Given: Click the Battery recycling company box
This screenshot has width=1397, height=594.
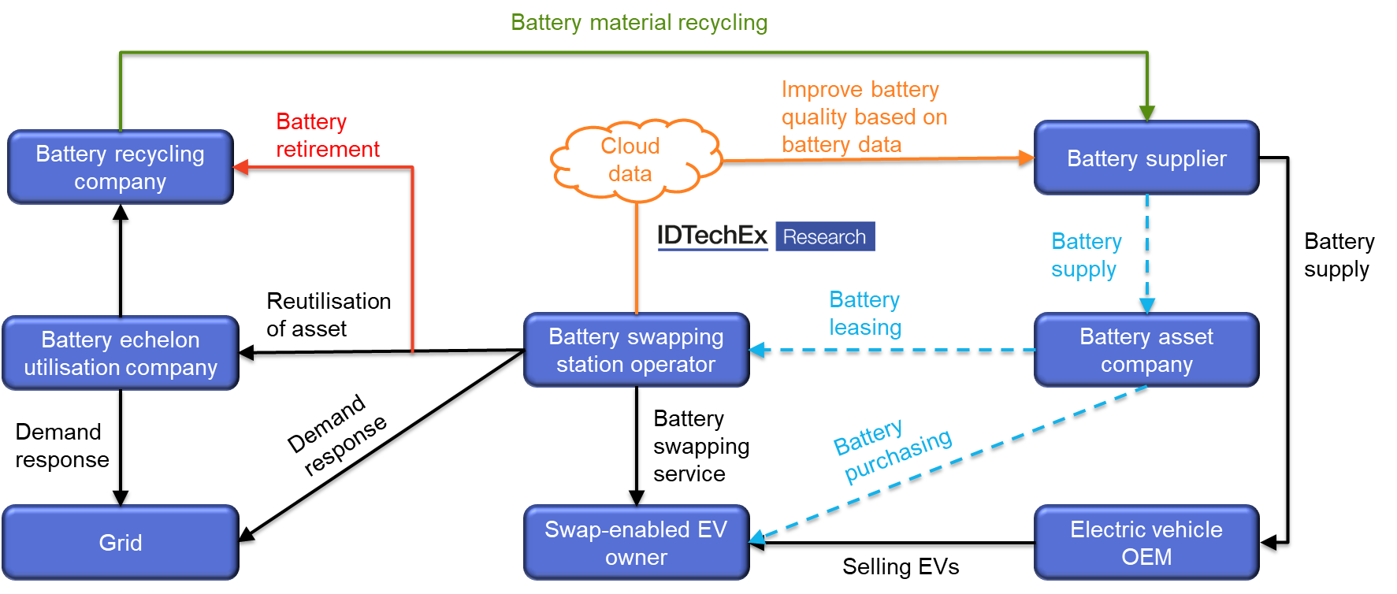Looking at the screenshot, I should tap(120, 167).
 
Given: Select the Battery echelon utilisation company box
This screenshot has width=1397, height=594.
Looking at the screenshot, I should tap(120, 353).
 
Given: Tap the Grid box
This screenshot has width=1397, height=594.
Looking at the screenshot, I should tap(120, 542).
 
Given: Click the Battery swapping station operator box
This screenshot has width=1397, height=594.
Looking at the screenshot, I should tap(636, 350).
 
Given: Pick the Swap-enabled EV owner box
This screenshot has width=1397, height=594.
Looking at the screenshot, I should tap(636, 542).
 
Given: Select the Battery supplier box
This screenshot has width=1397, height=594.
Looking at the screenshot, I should tap(1146, 158).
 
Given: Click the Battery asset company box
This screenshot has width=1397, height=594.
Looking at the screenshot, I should tap(1146, 350).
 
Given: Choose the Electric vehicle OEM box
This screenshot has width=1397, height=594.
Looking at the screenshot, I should tap(1146, 542).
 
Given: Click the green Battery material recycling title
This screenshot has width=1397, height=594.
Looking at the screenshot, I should tap(639, 22).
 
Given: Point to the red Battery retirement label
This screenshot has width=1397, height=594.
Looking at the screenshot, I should tap(327, 135).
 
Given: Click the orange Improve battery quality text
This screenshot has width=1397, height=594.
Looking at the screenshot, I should tap(864, 117).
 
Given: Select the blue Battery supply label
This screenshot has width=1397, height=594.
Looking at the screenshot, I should tap(1086, 254).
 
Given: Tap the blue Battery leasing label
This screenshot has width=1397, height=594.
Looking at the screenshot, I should tap(865, 313).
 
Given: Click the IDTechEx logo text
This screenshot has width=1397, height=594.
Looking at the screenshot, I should tap(712, 235).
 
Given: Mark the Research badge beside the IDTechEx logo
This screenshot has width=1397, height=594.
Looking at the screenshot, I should tap(825, 236).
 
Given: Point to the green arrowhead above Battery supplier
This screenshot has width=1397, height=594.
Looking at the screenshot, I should tap(1147, 113).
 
